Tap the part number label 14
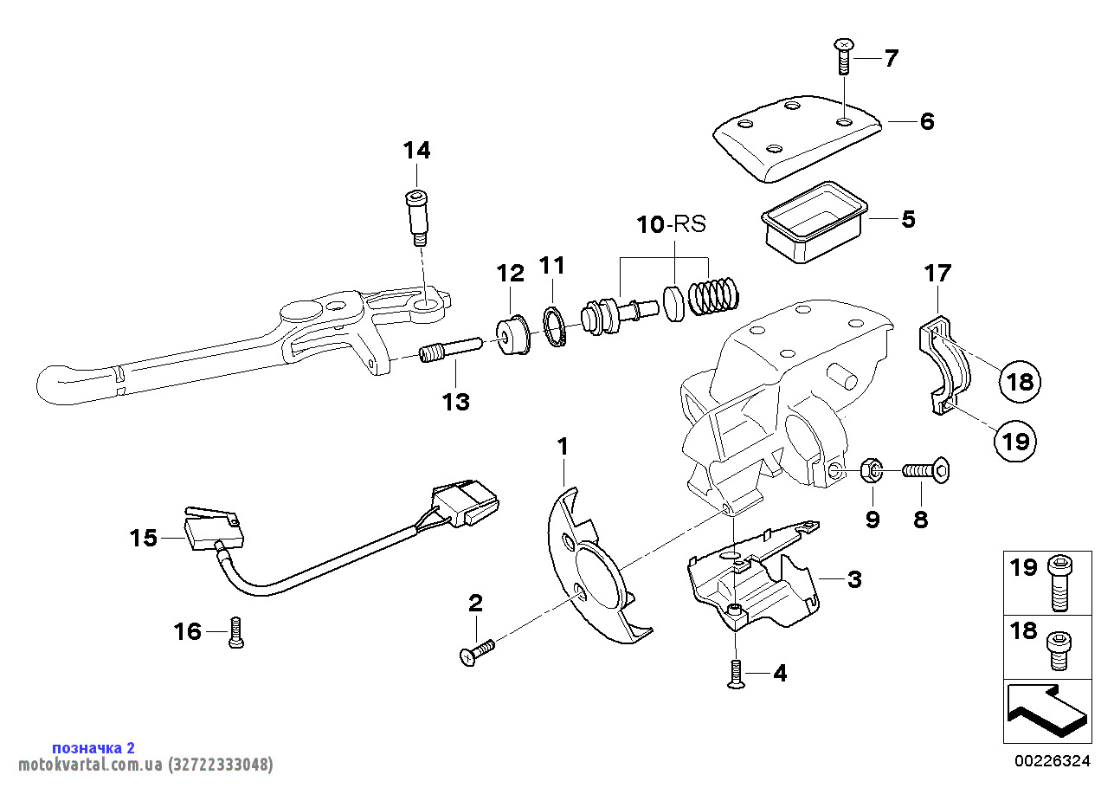pos(416,150)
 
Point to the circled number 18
pos(1021,381)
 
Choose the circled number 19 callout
pos(1014,442)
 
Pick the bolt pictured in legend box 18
pos(1059,649)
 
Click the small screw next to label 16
pos(236,632)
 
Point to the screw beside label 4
pos(736,674)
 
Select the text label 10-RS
pos(672,224)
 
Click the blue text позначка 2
pos(93,747)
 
